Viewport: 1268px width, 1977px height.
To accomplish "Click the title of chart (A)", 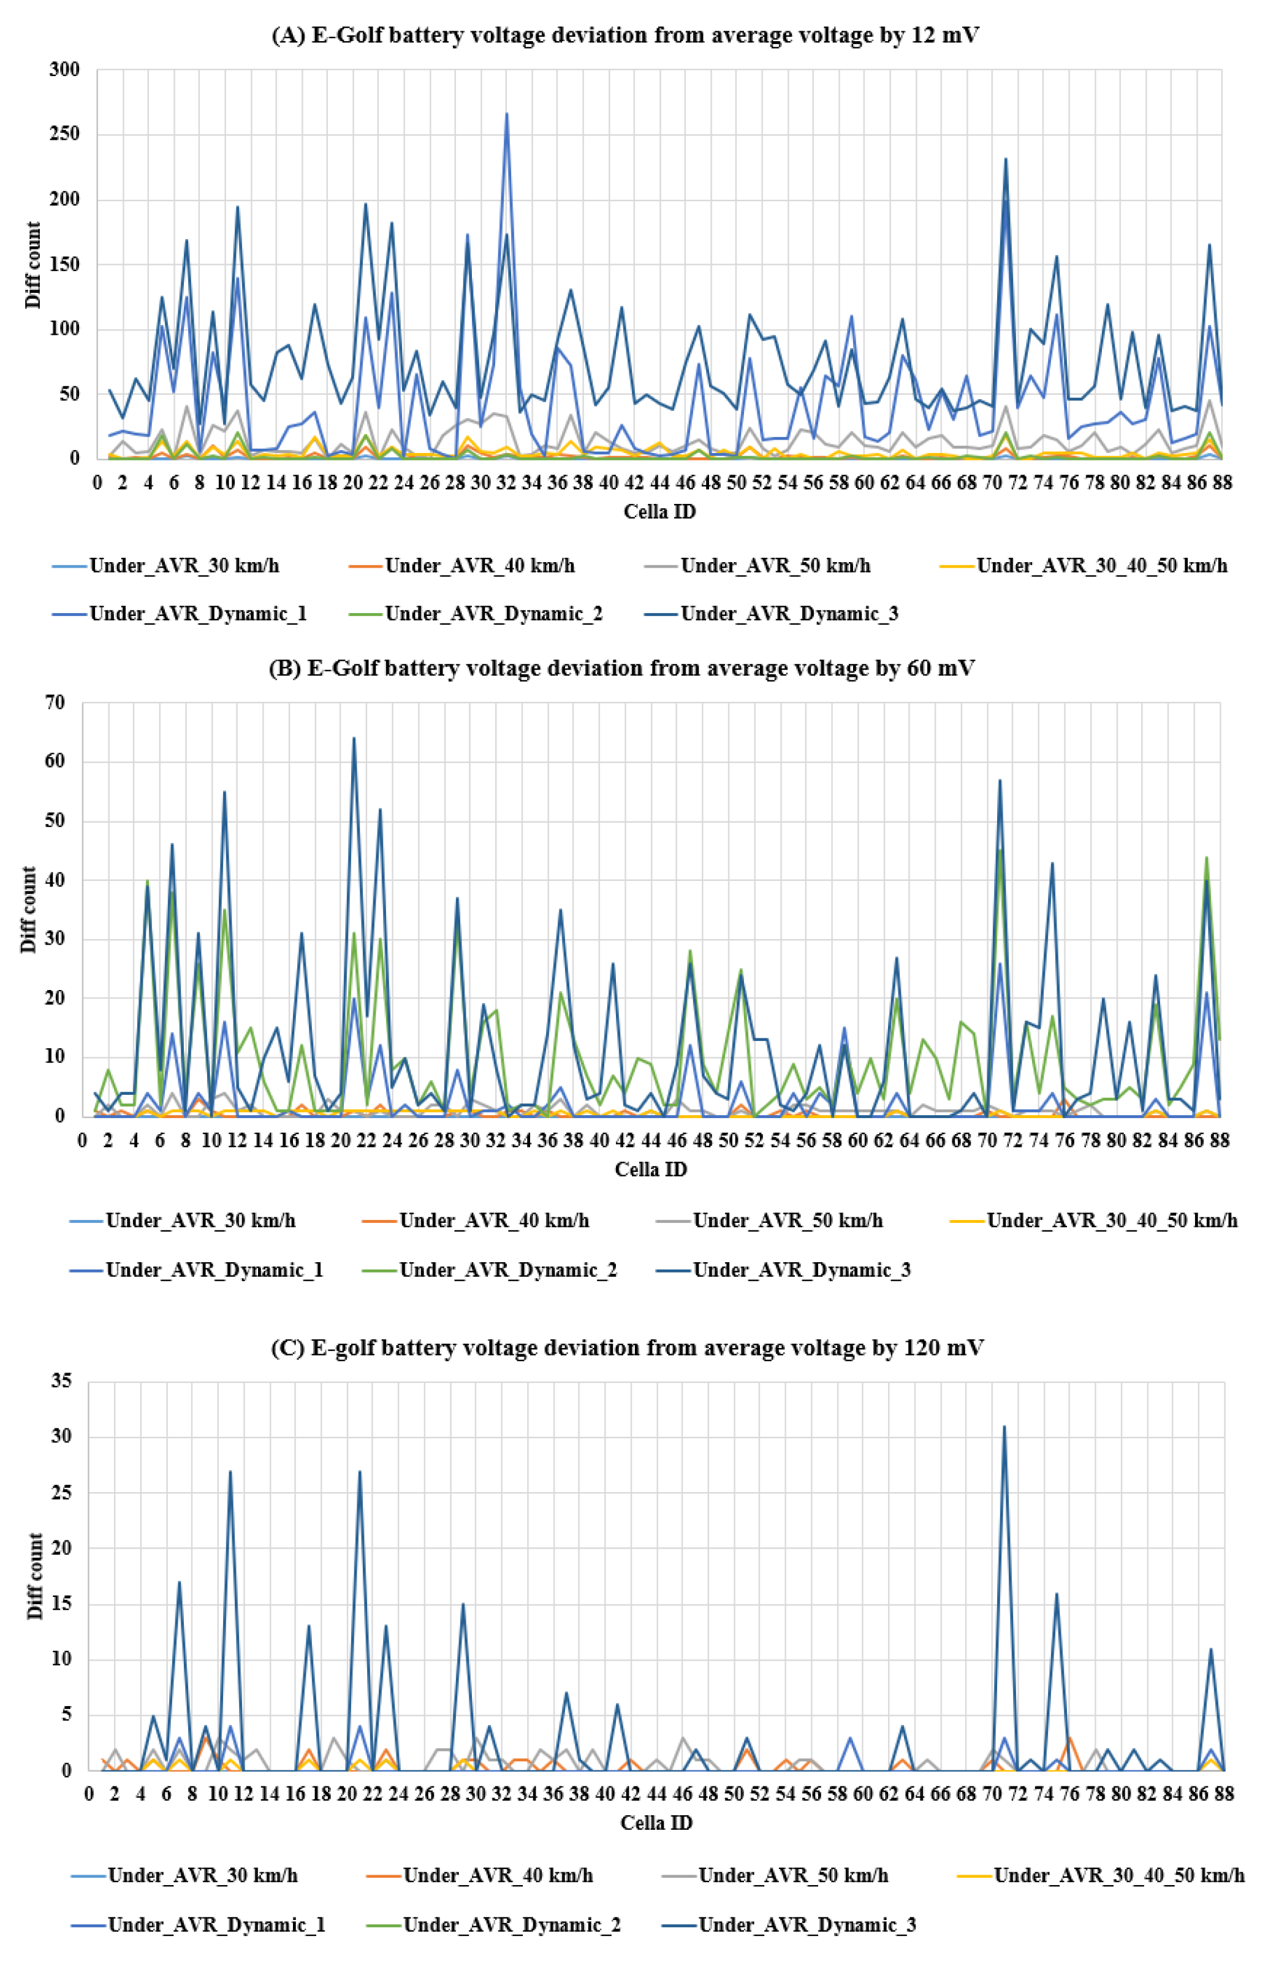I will (x=625, y=36).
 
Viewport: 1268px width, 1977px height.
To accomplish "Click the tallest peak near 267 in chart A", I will (x=506, y=113).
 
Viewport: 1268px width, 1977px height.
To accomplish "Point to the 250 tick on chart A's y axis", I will (x=64, y=134).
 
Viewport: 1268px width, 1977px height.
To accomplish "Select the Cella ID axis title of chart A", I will (x=659, y=511).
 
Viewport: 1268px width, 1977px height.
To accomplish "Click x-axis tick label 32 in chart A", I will (x=506, y=482).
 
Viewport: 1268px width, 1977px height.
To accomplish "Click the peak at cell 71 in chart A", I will (x=1005, y=159).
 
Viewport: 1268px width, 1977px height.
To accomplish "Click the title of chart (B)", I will (x=621, y=668).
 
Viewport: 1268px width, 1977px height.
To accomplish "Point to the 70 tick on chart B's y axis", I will (x=55, y=703).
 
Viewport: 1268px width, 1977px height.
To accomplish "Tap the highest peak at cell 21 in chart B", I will (x=354, y=737).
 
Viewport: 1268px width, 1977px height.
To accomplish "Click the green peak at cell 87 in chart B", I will (x=1206, y=857).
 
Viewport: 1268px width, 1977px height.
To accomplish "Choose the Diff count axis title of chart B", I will (x=29, y=909).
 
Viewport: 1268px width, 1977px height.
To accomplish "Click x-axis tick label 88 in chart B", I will (x=1220, y=1140).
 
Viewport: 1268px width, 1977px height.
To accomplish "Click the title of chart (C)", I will (x=626, y=1348).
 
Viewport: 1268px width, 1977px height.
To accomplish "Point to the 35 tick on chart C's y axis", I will (x=61, y=1381).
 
